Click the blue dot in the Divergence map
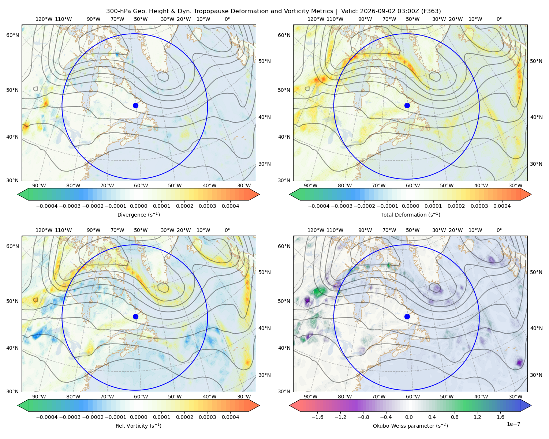coord(135,105)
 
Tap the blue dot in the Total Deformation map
coord(407,105)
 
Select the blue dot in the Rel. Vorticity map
coord(135,316)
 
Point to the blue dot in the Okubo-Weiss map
coord(407,316)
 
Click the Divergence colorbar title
coord(138,215)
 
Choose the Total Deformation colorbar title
coord(410,215)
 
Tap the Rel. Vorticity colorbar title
coord(138,426)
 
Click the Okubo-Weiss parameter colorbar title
coord(410,426)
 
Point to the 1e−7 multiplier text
coord(513,424)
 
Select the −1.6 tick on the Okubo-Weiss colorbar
coord(317,417)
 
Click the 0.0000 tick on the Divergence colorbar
coord(138,206)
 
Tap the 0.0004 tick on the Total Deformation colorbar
coord(502,206)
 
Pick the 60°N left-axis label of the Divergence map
coord(12,35)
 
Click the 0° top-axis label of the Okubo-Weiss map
coord(499,230)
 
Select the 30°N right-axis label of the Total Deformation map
coord(536,164)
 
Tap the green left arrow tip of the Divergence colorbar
coord(18,194)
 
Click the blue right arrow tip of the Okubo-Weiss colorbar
coord(531,405)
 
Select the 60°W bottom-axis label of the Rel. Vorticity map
coord(141,397)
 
